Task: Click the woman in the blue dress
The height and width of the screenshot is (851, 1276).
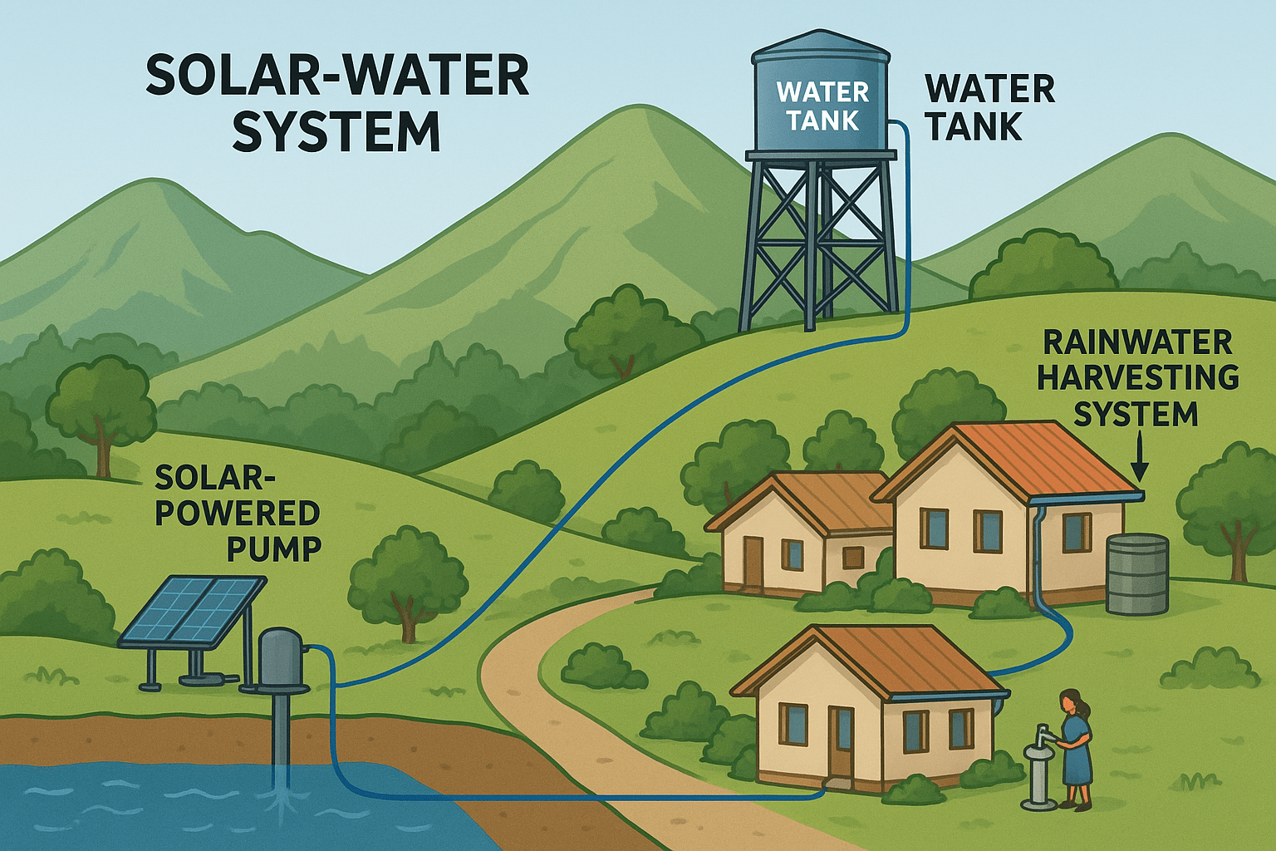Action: (x=1075, y=752)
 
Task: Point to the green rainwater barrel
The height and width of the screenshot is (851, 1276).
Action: (x=1137, y=573)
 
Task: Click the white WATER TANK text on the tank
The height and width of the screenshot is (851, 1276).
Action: (x=822, y=106)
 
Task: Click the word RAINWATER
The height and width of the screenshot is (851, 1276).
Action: (x=1137, y=342)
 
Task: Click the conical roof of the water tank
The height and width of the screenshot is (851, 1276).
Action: (x=821, y=47)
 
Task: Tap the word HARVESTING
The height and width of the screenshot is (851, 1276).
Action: (x=1137, y=377)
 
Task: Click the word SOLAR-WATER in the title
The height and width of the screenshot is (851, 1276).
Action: (x=337, y=76)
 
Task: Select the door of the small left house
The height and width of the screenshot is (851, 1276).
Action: (x=753, y=562)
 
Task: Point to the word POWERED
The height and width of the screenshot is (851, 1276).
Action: (x=238, y=513)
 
